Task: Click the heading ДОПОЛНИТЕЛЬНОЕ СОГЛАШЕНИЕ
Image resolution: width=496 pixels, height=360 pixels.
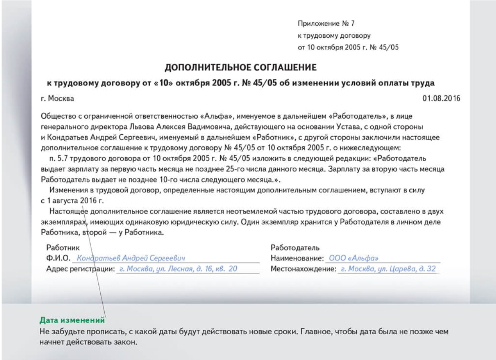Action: click(x=241, y=67)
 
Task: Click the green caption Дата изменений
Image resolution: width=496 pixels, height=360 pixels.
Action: click(x=72, y=321)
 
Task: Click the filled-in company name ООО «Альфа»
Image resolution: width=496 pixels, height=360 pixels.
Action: click(x=354, y=258)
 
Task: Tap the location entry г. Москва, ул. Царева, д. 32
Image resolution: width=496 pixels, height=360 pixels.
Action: click(x=388, y=269)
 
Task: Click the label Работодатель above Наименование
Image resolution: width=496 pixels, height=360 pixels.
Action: click(x=295, y=248)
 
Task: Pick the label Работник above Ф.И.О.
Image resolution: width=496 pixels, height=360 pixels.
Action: click(x=63, y=248)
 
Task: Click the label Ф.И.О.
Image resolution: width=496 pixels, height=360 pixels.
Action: click(x=59, y=258)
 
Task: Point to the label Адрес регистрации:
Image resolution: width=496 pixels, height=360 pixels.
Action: click(x=80, y=269)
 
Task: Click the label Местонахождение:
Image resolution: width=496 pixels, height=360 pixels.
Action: click(x=303, y=269)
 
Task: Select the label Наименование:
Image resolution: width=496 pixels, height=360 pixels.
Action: click(x=297, y=258)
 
